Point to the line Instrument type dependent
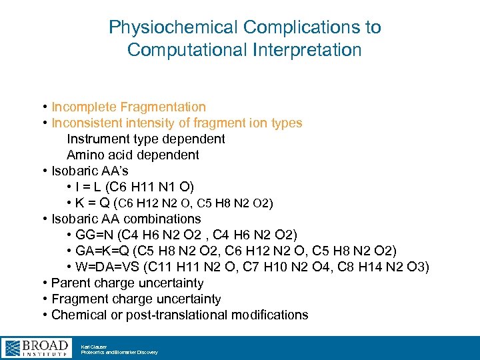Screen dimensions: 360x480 pyautogui.click(x=146, y=139)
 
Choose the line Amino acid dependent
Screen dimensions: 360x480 pyautogui.click(x=133, y=155)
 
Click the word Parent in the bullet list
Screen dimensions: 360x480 pyautogui.click(x=71, y=283)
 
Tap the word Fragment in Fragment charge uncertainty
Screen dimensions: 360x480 pyautogui.click(x=81, y=299)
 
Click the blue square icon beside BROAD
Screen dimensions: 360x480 pyautogui.click(x=12, y=347)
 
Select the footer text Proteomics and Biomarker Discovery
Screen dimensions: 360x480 pyautogui.click(x=119, y=352)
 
